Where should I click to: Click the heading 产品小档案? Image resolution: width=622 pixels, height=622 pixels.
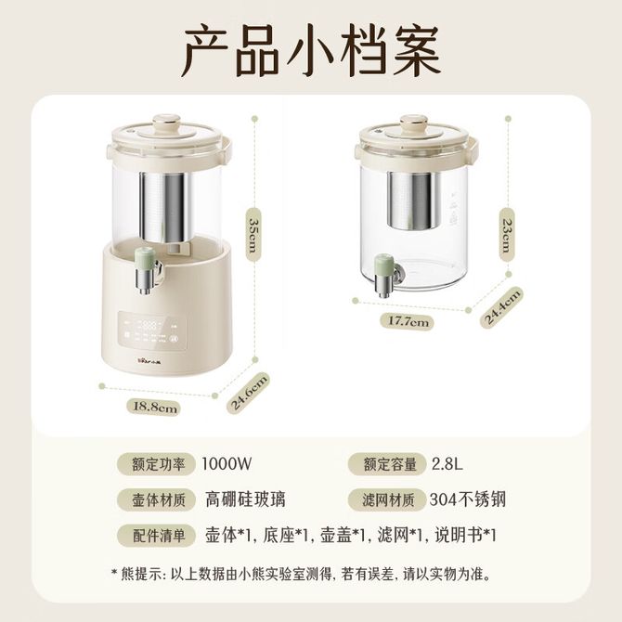point(311,50)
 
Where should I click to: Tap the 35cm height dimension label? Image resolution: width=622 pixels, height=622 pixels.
point(253,235)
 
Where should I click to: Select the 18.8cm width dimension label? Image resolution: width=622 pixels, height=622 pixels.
point(154,407)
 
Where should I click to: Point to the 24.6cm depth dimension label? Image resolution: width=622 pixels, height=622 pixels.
point(248,392)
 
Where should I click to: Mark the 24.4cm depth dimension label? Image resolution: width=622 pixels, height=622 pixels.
point(501,307)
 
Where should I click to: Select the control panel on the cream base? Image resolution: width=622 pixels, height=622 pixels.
point(152,330)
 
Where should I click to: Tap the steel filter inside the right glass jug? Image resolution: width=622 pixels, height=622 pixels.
point(413,201)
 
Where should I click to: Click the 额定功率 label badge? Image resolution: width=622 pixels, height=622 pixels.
point(156,464)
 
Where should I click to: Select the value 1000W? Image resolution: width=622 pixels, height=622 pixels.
point(227,463)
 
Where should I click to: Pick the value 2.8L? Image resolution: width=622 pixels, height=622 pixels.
point(447,463)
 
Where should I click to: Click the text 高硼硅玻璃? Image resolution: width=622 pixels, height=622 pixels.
point(245,499)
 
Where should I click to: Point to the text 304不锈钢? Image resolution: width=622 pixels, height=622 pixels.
point(468,499)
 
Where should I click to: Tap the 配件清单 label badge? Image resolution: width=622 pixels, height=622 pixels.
point(156,536)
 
